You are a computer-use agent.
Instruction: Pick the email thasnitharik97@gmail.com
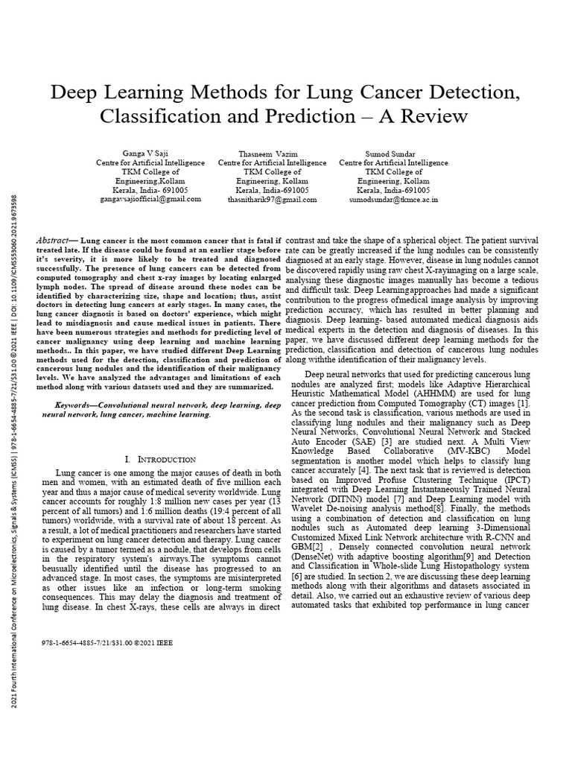click(x=267, y=199)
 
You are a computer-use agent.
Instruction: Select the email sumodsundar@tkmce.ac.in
click(x=393, y=199)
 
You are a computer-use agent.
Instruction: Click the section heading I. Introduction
click(x=160, y=459)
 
